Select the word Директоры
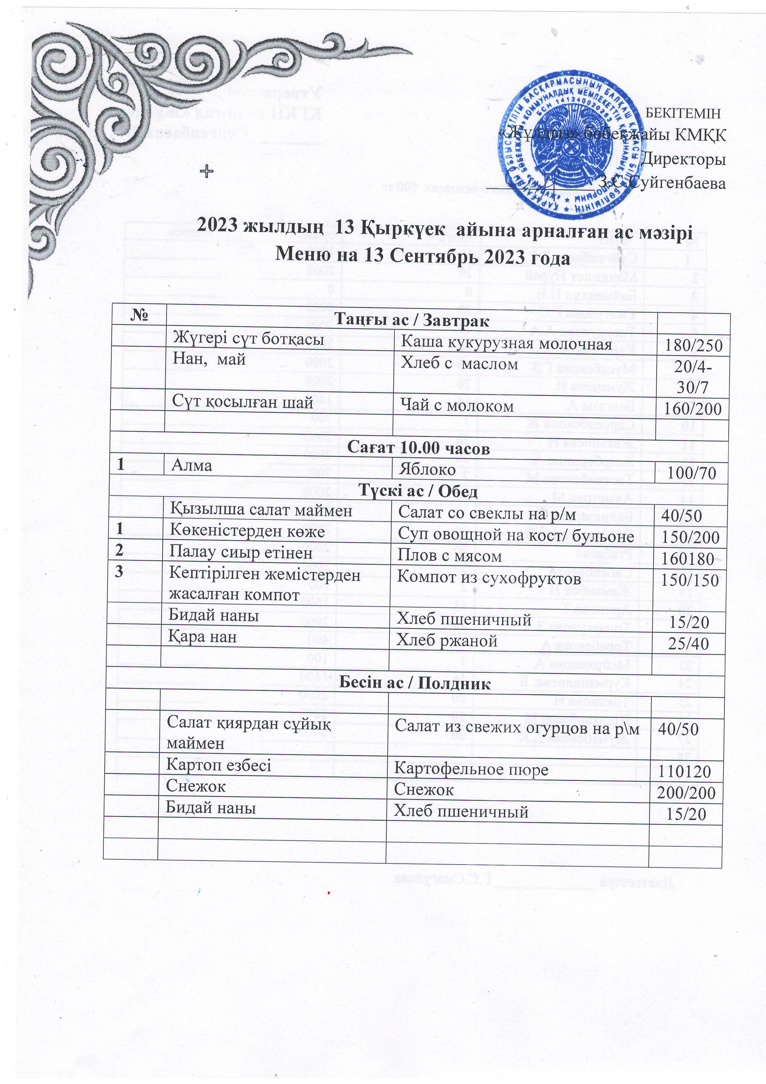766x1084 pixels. click(684, 159)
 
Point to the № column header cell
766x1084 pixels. click(138, 314)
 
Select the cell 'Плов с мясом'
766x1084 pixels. click(449, 557)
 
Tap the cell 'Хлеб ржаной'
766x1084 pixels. click(447, 640)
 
